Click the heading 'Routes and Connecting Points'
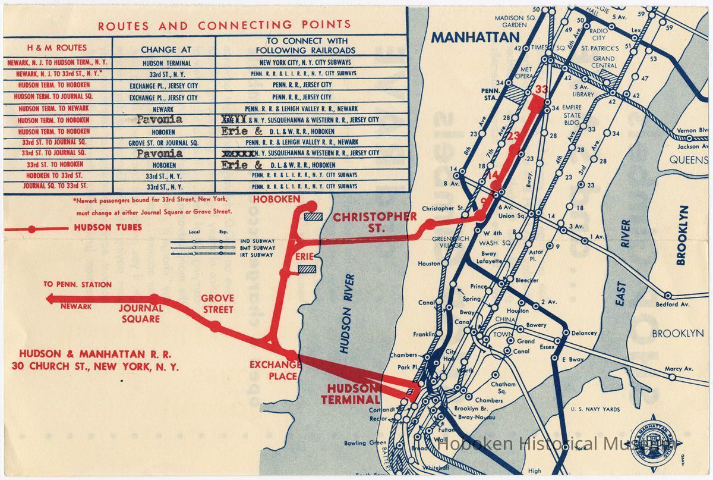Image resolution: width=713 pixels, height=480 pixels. tap(224, 26)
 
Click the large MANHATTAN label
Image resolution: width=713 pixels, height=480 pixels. tap(475, 38)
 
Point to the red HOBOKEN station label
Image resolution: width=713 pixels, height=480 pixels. tap(277, 199)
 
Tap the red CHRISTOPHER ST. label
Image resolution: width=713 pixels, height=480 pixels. tap(374, 222)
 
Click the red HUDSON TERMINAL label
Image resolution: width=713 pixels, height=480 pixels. tap(350, 394)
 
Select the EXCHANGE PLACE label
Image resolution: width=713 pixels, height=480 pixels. tap(275, 369)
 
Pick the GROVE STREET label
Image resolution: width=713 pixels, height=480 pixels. tap(217, 303)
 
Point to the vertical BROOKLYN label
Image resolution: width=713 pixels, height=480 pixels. tap(682, 235)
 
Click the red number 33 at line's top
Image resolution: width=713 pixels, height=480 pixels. tap(540, 90)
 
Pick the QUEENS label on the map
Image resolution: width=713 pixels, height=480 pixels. tap(689, 159)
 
